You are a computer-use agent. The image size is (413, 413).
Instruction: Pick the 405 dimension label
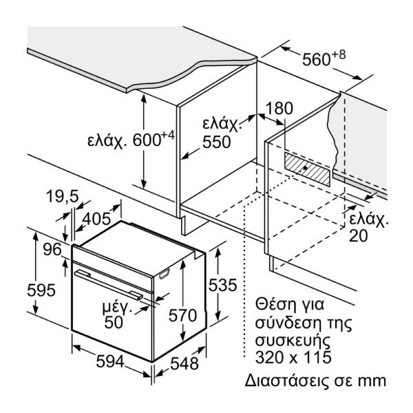click(x=96, y=219)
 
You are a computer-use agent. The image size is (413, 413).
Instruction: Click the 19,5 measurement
click(x=63, y=198)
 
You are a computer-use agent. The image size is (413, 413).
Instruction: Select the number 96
click(x=52, y=250)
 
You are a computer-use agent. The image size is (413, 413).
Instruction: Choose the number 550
click(x=216, y=142)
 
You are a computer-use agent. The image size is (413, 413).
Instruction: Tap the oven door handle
click(x=110, y=284)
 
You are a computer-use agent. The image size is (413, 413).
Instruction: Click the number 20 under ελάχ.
click(x=358, y=236)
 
